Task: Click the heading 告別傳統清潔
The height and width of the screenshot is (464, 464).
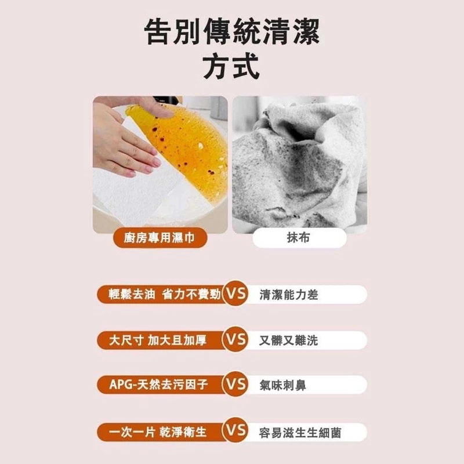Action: pyautogui.click(x=232, y=32)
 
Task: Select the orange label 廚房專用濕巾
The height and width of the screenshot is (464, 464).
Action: pyautogui.click(x=160, y=237)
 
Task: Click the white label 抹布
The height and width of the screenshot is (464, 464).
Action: pyautogui.click(x=299, y=237)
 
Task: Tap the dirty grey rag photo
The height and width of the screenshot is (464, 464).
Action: pyautogui.click(x=299, y=165)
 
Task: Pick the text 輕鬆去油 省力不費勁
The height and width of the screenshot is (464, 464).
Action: pyautogui.click(x=165, y=294)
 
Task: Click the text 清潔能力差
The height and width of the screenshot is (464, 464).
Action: pyautogui.click(x=288, y=295)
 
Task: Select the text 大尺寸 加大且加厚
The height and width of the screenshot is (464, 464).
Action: pyautogui.click(x=158, y=340)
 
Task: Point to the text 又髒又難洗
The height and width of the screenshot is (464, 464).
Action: pyautogui.click(x=288, y=340)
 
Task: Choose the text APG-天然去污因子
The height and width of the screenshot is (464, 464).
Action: pyautogui.click(x=158, y=385)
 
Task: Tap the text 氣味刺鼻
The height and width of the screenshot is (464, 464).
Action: pyautogui.click(x=282, y=385)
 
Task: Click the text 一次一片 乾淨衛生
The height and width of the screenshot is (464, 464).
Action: pyautogui.click(x=158, y=432)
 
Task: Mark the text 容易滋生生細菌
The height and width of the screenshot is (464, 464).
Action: pyautogui.click(x=300, y=433)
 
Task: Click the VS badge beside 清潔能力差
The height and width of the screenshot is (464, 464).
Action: pyautogui.click(x=235, y=293)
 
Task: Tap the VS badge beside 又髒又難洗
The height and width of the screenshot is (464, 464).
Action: pyautogui.click(x=235, y=339)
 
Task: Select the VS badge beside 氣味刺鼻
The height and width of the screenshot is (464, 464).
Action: pyautogui.click(x=235, y=384)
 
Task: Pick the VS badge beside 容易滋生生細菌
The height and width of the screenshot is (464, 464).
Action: pyautogui.click(x=235, y=430)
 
